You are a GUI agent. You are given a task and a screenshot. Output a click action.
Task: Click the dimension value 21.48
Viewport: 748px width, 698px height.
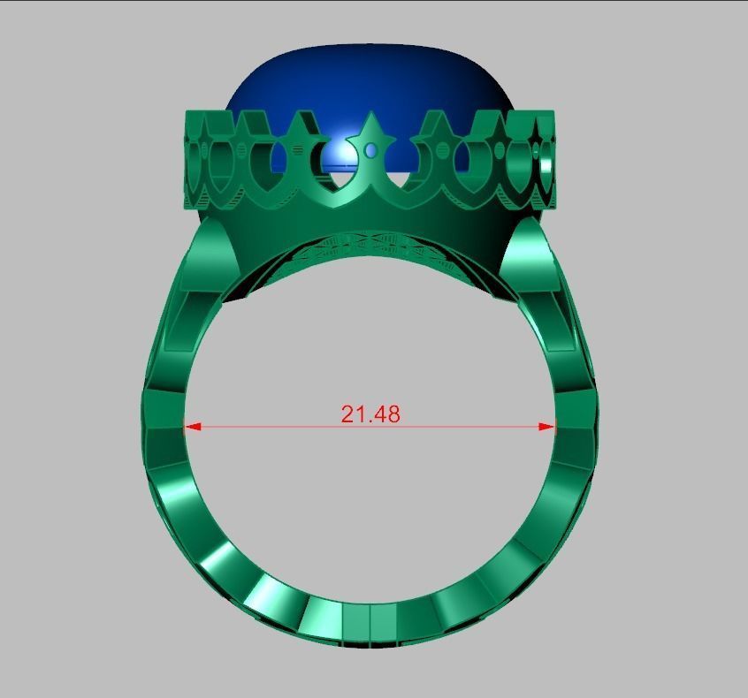[x=370, y=413]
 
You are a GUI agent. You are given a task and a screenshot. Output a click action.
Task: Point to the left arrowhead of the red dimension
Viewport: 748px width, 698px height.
[x=191, y=427]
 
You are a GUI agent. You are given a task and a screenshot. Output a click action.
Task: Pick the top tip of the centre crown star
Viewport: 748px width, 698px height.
[x=371, y=113]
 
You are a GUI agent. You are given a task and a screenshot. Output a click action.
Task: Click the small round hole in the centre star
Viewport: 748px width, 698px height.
[x=371, y=151]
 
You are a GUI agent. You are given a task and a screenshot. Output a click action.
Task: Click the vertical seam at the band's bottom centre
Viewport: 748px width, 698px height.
[x=370, y=623]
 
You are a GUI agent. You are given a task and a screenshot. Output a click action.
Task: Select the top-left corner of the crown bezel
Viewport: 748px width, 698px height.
[x=186, y=113]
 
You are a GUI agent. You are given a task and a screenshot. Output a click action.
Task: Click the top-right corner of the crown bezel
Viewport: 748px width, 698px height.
[x=553, y=113]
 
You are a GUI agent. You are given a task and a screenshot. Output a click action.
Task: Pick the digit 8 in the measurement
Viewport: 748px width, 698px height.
[x=393, y=413]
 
